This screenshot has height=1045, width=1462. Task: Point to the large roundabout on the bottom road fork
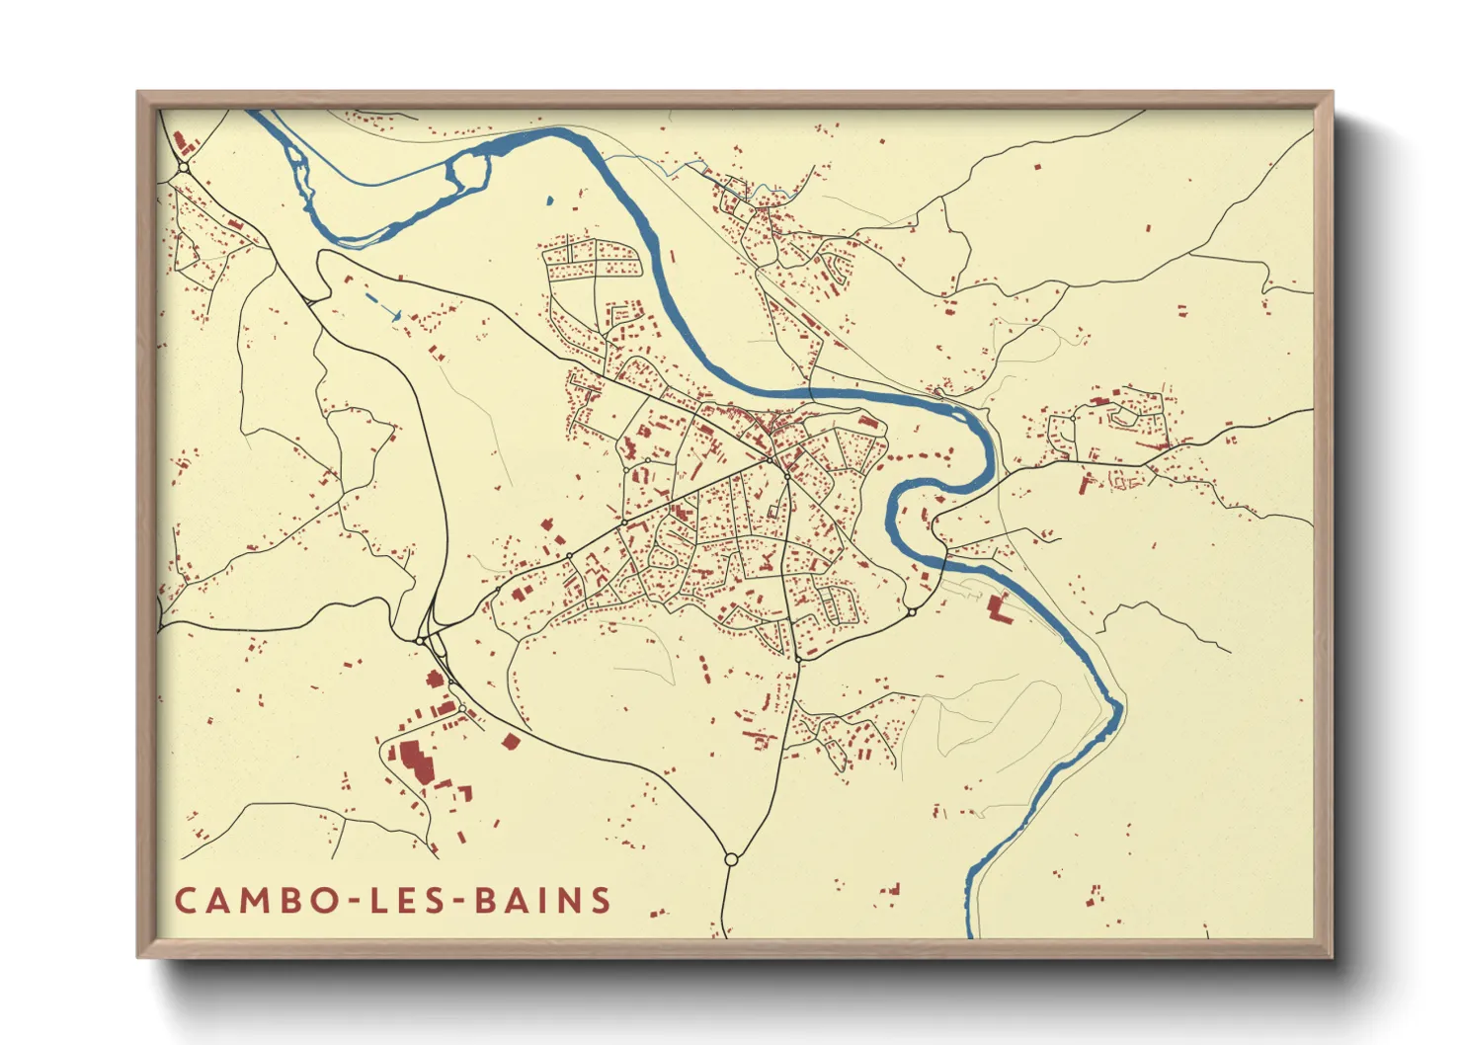[x=731, y=859]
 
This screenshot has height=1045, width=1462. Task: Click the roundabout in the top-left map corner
[x=184, y=168]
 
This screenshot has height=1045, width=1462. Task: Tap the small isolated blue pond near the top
[x=549, y=201]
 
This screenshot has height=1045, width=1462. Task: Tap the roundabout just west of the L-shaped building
[x=912, y=612]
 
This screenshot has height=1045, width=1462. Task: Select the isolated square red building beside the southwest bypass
[x=510, y=741]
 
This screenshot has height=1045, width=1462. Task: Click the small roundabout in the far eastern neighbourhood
[x=1073, y=419]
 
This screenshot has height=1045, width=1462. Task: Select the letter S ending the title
[x=599, y=901]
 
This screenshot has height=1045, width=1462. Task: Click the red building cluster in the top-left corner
[x=183, y=144]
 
